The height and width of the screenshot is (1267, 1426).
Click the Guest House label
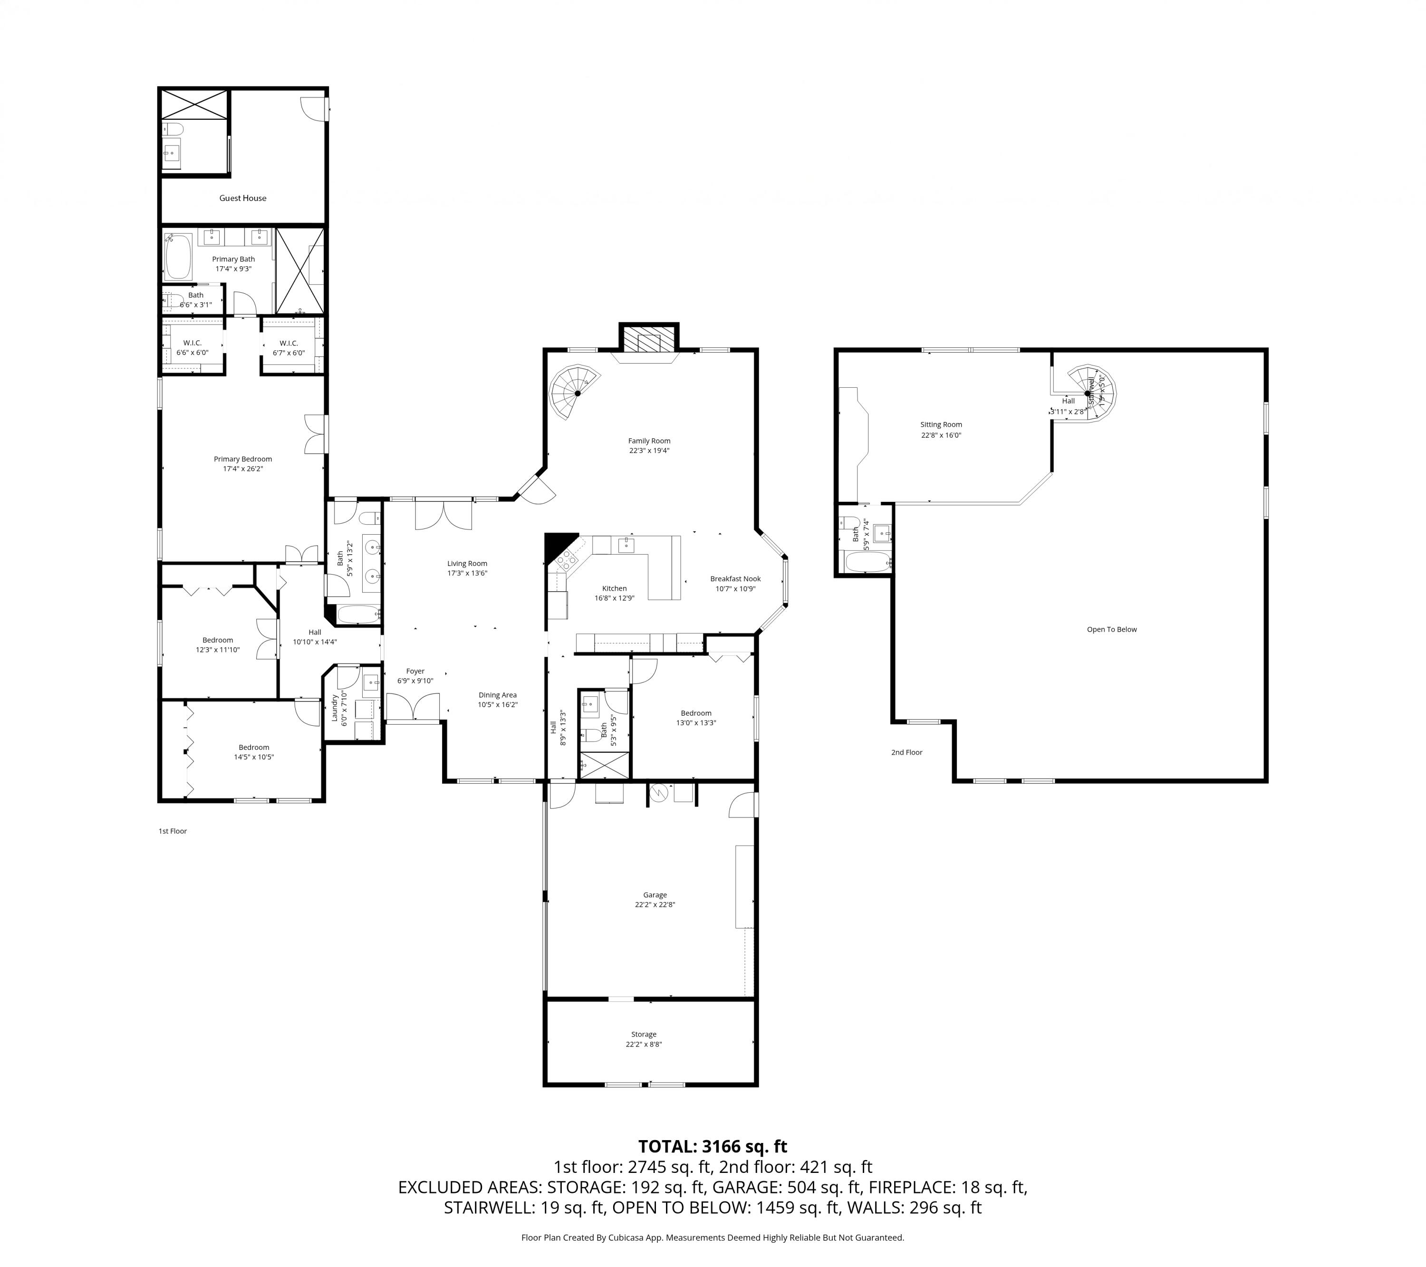click(x=243, y=198)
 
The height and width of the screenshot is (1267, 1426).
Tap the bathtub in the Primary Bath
click(x=179, y=257)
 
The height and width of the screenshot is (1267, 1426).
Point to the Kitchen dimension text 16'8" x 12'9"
click(x=614, y=598)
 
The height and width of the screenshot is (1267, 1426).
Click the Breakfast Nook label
click(x=735, y=578)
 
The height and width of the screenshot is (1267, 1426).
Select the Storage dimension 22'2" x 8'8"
click(x=643, y=1045)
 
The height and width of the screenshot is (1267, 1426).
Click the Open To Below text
click(x=1111, y=629)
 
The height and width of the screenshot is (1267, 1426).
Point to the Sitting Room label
click(x=940, y=424)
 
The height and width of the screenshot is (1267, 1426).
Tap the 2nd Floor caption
click(x=906, y=752)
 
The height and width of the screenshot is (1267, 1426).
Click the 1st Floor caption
click(x=173, y=831)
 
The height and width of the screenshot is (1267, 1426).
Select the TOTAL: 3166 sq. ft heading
click(x=713, y=1146)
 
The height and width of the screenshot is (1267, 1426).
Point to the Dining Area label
click(x=497, y=695)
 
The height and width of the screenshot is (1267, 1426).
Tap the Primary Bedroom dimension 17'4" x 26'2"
click(x=243, y=469)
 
